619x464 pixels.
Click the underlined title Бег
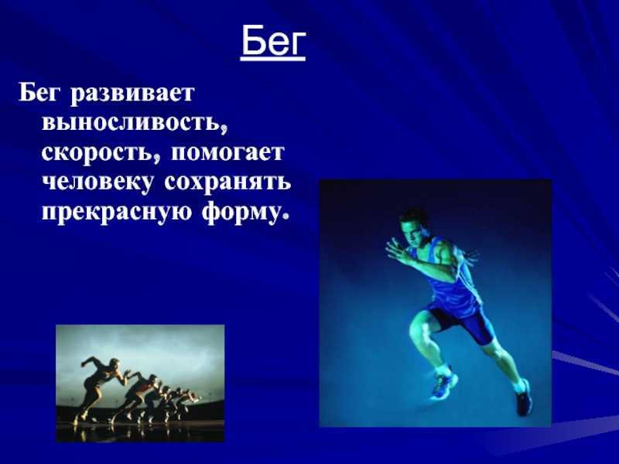(x=273, y=43)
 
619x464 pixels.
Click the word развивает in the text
(x=132, y=94)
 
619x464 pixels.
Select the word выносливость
(x=134, y=122)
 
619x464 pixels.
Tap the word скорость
(x=101, y=152)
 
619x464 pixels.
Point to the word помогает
(x=227, y=152)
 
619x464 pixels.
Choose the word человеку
(x=97, y=183)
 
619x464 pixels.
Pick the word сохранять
(x=227, y=182)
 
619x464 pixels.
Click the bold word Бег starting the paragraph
(x=41, y=94)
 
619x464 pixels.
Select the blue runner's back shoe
(x=524, y=397)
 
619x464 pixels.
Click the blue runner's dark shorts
(x=462, y=319)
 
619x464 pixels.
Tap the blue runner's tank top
(x=452, y=276)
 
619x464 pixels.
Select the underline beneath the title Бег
(x=273, y=60)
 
